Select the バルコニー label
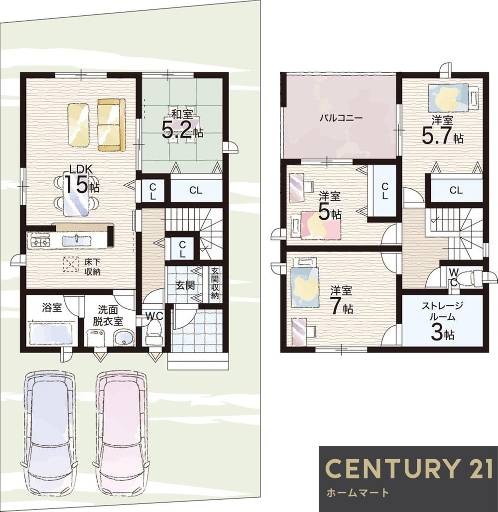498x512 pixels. coord(341,118)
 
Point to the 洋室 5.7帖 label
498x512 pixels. coord(443,129)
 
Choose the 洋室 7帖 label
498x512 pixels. coord(341,300)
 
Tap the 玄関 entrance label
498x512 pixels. coord(185,285)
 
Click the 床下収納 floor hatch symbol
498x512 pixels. coord(71,264)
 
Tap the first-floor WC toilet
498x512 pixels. coord(153,332)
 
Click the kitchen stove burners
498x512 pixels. coord(40,241)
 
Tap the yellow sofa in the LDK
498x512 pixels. coord(111,125)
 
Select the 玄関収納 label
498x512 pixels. coord(215,284)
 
